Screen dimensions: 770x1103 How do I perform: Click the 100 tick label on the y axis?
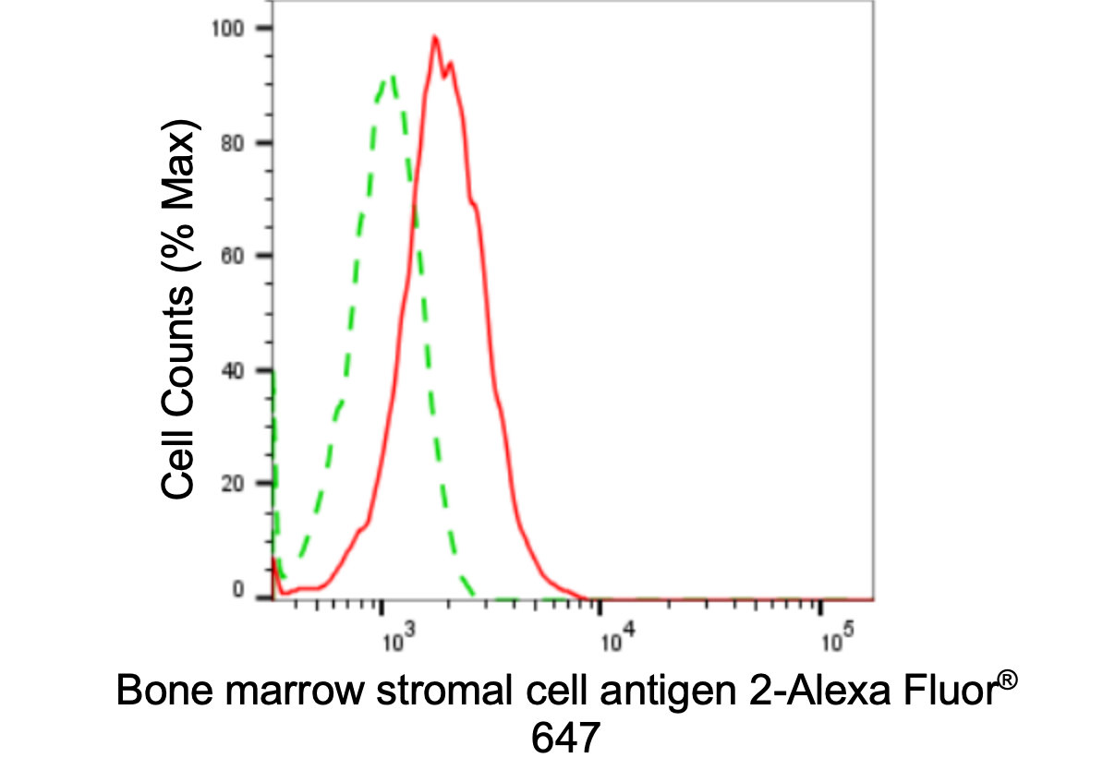(230, 29)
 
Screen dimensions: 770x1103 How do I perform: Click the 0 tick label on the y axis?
(238, 590)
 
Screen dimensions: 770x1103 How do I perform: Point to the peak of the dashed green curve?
(393, 77)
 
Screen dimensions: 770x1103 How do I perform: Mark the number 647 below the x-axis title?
(565, 737)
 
